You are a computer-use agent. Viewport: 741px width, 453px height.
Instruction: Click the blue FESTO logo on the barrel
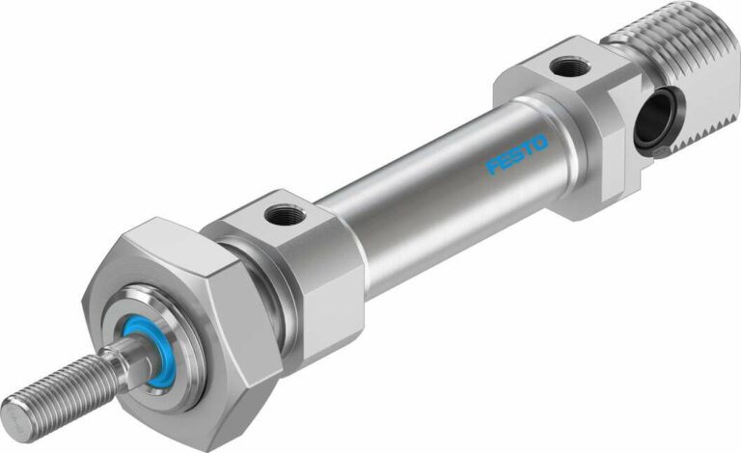(517, 154)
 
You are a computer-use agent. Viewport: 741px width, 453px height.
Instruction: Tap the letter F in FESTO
(494, 167)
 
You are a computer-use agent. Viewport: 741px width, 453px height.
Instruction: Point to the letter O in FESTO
(539, 143)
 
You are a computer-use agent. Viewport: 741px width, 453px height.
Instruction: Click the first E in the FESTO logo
(506, 161)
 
